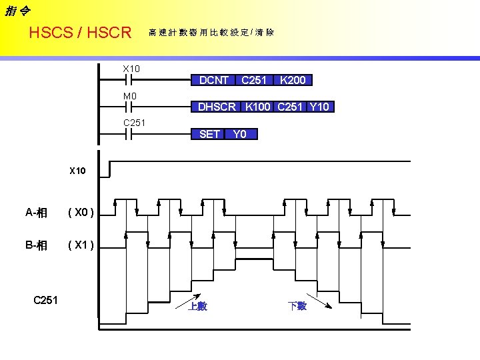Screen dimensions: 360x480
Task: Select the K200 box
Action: click(x=293, y=81)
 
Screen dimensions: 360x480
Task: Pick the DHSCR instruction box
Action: click(x=217, y=107)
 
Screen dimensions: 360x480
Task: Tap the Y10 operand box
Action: click(x=320, y=107)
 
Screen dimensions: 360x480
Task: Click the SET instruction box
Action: click(x=209, y=134)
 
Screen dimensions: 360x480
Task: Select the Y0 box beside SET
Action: click(x=241, y=134)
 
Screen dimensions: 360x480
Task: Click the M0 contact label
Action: click(x=130, y=97)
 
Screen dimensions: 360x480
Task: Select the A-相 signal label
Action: click(x=36, y=213)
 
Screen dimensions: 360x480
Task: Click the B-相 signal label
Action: click(x=36, y=245)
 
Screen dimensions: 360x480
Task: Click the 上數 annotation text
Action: click(x=197, y=306)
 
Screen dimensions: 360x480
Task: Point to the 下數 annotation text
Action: click(x=297, y=306)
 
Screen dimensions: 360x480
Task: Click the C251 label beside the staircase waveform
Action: click(x=45, y=300)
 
